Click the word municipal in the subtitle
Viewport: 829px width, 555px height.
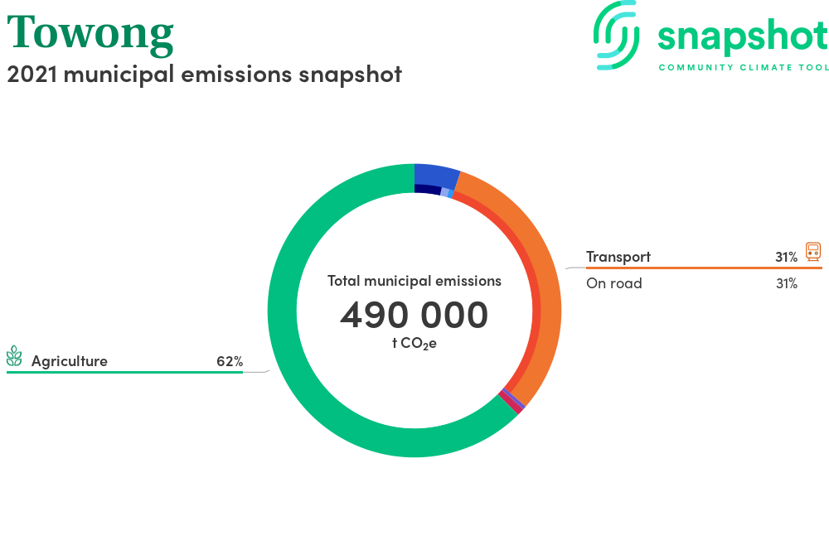[x=119, y=75]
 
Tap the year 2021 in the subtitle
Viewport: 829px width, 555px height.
[x=32, y=74]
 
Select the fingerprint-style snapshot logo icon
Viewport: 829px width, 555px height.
[x=617, y=35]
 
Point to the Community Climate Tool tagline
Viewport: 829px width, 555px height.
[x=744, y=67]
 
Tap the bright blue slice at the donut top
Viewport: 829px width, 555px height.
[x=436, y=174]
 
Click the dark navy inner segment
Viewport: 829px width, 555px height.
[x=428, y=189]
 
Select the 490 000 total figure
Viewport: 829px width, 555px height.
[x=414, y=315]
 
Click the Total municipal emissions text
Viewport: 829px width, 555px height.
[x=414, y=281]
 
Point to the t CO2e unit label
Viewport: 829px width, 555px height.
[x=414, y=343]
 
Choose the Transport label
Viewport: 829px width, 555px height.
[x=618, y=257]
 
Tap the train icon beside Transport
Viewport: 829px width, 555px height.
[x=813, y=251]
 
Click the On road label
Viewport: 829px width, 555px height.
[x=613, y=283]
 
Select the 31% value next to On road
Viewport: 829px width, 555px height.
[x=786, y=283]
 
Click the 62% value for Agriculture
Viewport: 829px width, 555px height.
[x=230, y=361]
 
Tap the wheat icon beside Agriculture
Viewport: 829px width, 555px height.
[x=14, y=356]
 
